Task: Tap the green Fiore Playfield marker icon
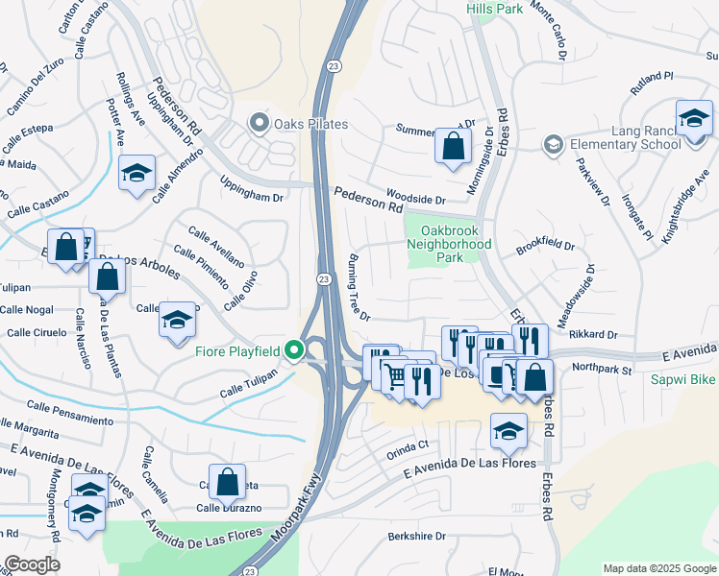[x=299, y=351]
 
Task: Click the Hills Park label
[x=494, y=9]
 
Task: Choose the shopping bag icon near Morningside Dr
[x=452, y=147]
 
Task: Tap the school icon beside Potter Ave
[x=136, y=174]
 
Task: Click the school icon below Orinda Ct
[x=508, y=431]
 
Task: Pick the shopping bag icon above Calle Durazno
[x=227, y=482]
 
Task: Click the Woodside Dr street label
[x=416, y=201]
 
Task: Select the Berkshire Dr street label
[x=417, y=537]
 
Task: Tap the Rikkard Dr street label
[x=592, y=334]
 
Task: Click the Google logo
[x=32, y=564]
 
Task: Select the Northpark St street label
[x=601, y=369]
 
